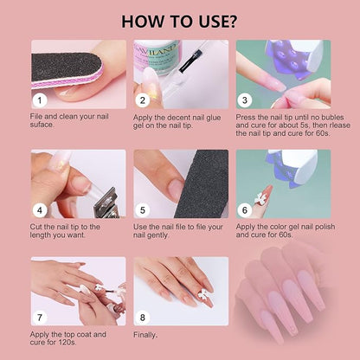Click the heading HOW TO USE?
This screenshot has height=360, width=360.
point(180,20)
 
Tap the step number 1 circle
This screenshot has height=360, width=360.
point(40,100)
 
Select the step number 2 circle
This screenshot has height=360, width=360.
point(143,100)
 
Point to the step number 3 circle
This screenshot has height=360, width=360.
point(246,100)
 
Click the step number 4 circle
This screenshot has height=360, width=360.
point(40,209)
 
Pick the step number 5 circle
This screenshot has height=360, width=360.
point(143,209)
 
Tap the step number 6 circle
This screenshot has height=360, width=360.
point(246,209)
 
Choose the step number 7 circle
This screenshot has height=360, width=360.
point(40,318)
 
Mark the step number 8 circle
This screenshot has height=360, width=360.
point(143,318)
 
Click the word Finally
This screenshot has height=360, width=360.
point(145,334)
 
